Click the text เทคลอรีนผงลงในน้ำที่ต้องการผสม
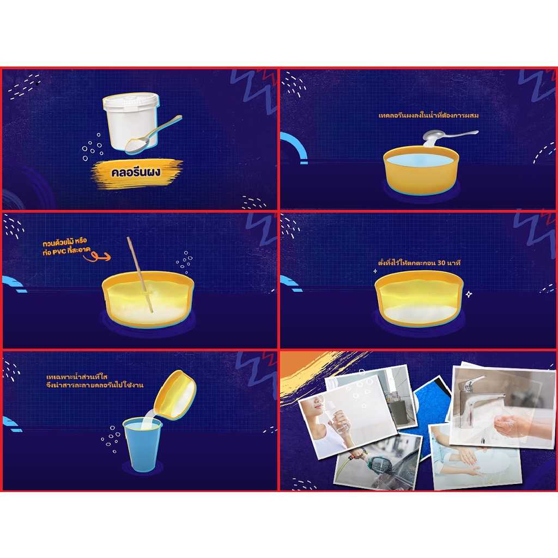(x=428, y=116)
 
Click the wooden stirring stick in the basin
(x=139, y=272)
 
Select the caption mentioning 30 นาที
(x=419, y=263)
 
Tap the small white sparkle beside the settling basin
(x=468, y=294)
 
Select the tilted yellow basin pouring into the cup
(x=175, y=395)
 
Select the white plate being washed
(x=490, y=463)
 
